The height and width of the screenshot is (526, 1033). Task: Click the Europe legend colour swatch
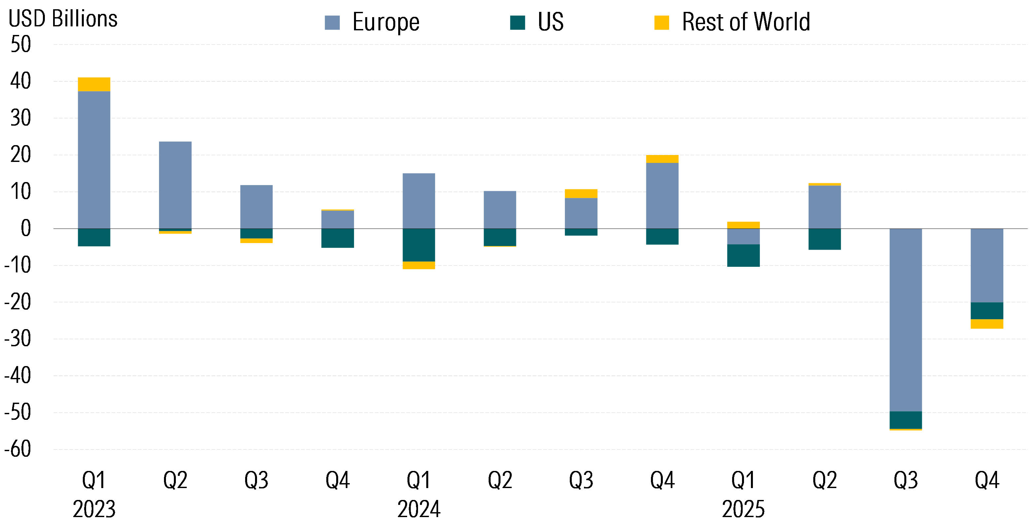[332, 22]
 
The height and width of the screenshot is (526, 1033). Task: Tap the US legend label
[550, 22]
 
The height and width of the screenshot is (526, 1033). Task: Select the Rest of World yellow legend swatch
[662, 22]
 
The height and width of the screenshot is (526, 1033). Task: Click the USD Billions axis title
[63, 19]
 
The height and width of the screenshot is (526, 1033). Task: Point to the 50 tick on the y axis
[21, 45]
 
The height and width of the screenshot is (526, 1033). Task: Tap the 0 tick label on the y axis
[26, 229]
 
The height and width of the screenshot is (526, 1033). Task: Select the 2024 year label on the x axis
[419, 509]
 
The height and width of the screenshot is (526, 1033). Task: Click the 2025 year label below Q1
[743, 509]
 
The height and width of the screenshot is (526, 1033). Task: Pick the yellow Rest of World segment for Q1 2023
[94, 84]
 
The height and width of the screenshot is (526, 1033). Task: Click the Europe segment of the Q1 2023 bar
[94, 160]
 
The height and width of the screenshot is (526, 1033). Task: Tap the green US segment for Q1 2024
[419, 245]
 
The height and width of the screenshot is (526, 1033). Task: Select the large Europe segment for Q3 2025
[905, 321]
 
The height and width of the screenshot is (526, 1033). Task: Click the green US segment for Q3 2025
[905, 420]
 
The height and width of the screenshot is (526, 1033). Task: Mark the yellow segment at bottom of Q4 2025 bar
[986, 324]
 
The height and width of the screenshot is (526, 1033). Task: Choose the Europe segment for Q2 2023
[175, 185]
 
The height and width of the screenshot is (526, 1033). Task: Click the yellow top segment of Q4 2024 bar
[662, 159]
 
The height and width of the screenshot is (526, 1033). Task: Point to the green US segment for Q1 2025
[743, 255]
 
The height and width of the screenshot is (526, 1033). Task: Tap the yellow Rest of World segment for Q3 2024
[581, 194]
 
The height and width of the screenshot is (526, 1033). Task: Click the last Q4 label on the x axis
[986, 480]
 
